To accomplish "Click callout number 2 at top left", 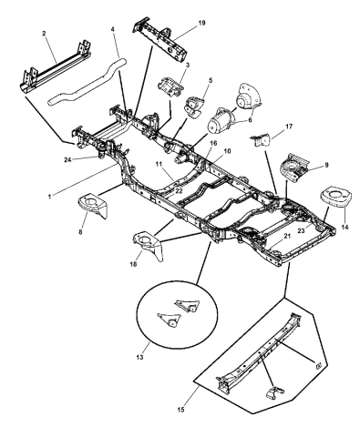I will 44,32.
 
